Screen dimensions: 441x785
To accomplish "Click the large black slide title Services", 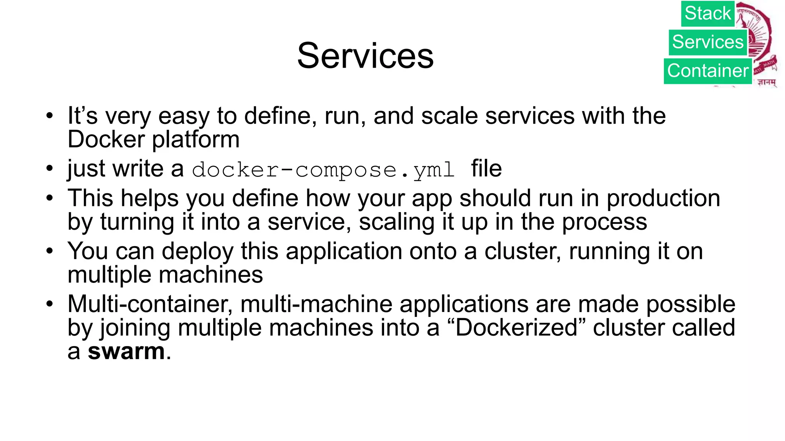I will (x=365, y=56).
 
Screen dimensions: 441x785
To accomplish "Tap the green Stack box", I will (x=708, y=14).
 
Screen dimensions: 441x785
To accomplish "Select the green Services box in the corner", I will (x=708, y=42).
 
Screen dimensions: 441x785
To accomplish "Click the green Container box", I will (x=708, y=71).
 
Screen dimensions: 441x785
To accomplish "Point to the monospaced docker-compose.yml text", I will (x=323, y=170).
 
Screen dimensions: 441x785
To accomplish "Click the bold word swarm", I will (x=126, y=351).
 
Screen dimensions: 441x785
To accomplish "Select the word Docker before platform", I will (x=106, y=139).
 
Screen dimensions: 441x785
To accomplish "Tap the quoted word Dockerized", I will (x=517, y=328).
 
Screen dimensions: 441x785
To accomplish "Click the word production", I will (x=663, y=198).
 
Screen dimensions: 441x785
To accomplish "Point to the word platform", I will (x=196, y=139).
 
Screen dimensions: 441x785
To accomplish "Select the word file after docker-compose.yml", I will (x=486, y=168).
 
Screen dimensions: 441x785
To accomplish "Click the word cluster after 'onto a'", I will (x=523, y=252).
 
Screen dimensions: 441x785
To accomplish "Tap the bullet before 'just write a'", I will (x=49, y=168).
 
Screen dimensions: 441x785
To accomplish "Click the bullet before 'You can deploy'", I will (x=49, y=252).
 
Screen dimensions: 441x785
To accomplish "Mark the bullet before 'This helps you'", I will (x=49, y=198).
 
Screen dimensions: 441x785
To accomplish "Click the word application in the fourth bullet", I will (x=344, y=252).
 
